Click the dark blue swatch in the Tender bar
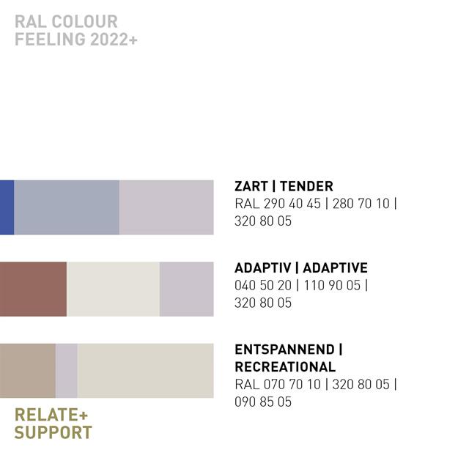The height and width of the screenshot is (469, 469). click(x=7, y=207)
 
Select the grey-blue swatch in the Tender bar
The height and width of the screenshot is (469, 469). click(x=67, y=207)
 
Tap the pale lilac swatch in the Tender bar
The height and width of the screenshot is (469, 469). click(x=166, y=207)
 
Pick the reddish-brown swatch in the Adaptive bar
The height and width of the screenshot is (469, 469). click(x=33, y=289)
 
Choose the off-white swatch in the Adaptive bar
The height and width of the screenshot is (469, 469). click(x=113, y=289)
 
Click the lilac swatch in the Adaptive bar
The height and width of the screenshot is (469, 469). click(x=187, y=289)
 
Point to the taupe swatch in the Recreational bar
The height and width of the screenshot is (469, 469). click(x=28, y=371)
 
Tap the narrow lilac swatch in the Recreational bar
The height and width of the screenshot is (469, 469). click(x=67, y=371)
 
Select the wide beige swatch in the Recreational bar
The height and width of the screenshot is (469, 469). click(x=145, y=371)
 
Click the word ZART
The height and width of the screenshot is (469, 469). click(x=251, y=186)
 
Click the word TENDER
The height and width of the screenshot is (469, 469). click(x=306, y=186)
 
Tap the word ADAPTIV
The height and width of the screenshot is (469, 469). click(x=262, y=268)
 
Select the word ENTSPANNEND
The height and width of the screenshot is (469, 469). click(x=284, y=350)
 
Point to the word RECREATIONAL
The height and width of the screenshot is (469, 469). click(x=285, y=367)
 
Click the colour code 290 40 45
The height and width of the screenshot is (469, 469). click(x=292, y=204)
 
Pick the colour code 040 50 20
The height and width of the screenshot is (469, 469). click(x=263, y=285)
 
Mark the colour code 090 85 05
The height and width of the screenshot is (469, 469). click(x=263, y=402)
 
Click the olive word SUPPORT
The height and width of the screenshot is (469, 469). click(x=53, y=432)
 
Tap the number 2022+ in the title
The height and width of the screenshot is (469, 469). click(x=114, y=39)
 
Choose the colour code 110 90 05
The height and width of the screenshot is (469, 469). click(x=332, y=285)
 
